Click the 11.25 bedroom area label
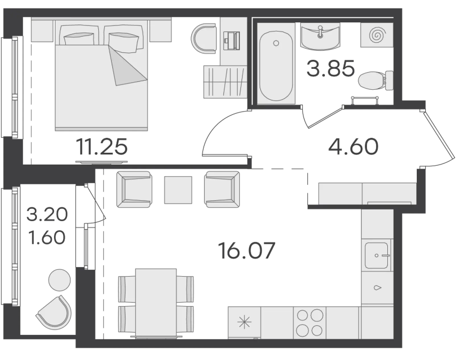click(102, 147)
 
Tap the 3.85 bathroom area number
click(331, 69)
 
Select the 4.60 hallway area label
click(353, 147)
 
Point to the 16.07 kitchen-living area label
click(247, 251)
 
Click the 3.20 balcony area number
click(47, 215)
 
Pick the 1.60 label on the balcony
click(46, 237)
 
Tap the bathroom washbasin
click(320, 36)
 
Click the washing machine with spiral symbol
click(377, 35)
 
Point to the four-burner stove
click(310, 323)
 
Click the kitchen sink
click(377, 255)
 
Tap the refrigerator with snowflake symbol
click(244, 323)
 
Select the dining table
click(156, 303)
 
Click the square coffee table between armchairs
click(178, 190)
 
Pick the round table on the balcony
click(59, 280)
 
